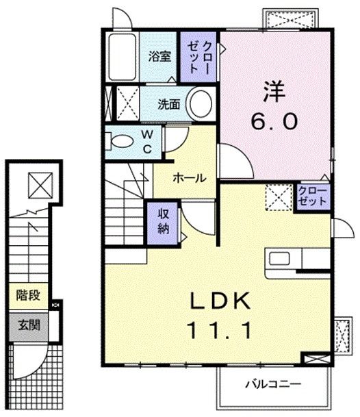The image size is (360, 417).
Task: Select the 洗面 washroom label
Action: point(168,105)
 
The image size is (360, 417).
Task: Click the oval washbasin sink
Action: point(201,104)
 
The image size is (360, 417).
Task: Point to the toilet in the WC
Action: point(122,142)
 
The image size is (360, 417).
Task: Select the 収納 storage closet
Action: point(163,220)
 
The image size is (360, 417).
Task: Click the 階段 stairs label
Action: point(29,296)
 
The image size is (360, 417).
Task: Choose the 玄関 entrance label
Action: point(29,325)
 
